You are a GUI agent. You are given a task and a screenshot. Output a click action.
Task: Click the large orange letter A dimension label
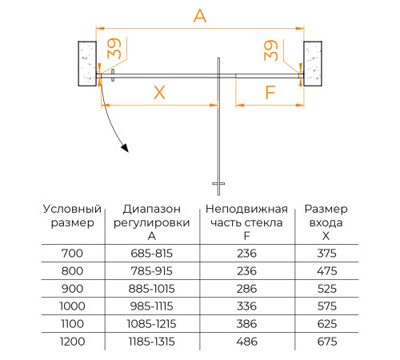click(x=199, y=15)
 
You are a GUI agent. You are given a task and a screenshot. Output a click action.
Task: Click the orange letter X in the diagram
click(x=158, y=93)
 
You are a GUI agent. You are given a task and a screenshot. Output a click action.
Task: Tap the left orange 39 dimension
click(x=115, y=50)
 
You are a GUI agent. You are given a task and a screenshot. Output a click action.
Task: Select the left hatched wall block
click(x=86, y=62)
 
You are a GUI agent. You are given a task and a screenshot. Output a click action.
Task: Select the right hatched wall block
click(x=313, y=62)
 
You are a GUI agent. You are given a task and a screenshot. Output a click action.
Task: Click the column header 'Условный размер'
click(x=71, y=216)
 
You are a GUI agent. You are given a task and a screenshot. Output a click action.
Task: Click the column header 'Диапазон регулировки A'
click(x=152, y=222)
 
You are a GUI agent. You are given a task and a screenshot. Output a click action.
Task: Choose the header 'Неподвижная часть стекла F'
click(x=243, y=222)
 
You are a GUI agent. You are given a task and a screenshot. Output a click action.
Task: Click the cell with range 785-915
click(x=152, y=271)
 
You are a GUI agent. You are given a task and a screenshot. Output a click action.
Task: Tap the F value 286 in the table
click(x=243, y=289)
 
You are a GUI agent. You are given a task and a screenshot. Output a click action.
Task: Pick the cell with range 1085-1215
click(x=152, y=324)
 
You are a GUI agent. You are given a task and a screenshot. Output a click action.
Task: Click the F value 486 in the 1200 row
click(x=243, y=342)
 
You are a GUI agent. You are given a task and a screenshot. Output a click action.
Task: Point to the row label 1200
click(x=71, y=342)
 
